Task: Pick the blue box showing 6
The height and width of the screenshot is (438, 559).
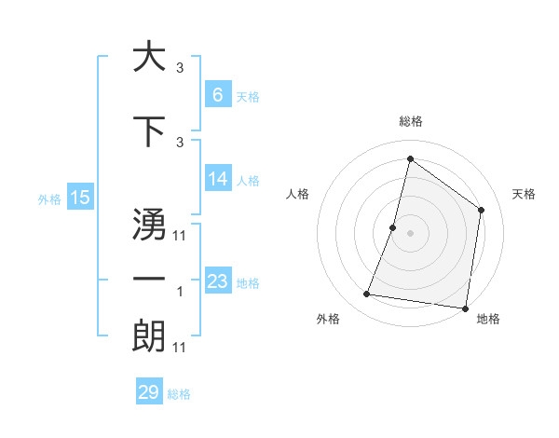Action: [x=217, y=95]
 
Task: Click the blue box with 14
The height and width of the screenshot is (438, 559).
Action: [x=217, y=179]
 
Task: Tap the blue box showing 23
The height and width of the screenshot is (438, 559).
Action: [x=217, y=281]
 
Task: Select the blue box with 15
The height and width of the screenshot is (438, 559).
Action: [x=80, y=197]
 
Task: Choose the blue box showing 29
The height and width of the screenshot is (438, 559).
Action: [x=149, y=392]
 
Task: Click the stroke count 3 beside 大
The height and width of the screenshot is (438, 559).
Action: [x=180, y=68]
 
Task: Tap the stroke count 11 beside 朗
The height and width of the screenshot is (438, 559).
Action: [x=180, y=348]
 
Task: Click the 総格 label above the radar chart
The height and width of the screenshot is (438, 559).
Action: [x=410, y=121]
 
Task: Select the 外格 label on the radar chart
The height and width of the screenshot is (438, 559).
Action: [x=328, y=319]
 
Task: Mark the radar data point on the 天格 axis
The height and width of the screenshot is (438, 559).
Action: [x=482, y=210]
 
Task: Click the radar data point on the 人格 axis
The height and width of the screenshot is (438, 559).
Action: [x=393, y=227]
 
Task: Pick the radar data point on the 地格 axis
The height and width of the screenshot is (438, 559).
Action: [x=465, y=308]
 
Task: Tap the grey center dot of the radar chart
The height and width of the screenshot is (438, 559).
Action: [x=410, y=233]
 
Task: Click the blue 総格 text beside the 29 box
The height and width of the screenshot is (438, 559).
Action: [x=179, y=394]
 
